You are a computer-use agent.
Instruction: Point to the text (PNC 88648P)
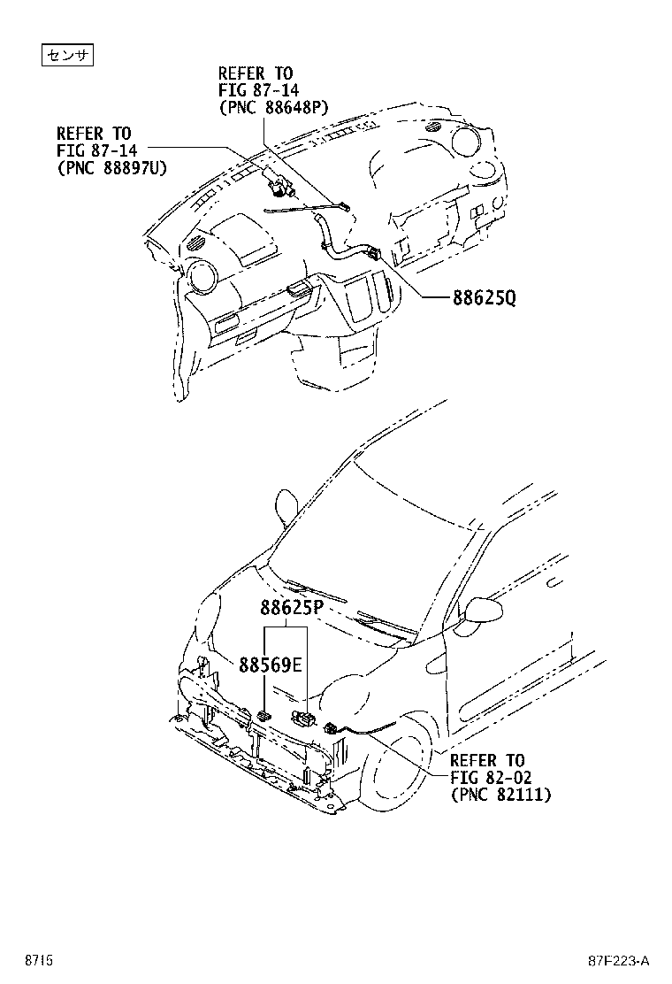[273, 108]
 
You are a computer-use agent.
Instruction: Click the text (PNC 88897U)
[111, 167]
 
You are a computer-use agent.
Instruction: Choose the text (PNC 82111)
[500, 796]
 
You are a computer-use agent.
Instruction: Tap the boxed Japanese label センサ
[69, 56]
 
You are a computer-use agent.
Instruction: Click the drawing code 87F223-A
[619, 960]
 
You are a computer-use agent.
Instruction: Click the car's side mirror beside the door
[482, 611]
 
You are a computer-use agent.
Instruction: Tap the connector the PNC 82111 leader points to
[332, 728]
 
